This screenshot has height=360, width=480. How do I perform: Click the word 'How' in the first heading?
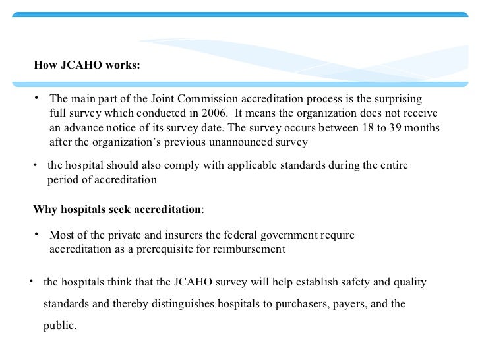pyautogui.click(x=45, y=65)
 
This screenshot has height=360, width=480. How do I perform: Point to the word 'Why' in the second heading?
pyautogui.click(x=45, y=210)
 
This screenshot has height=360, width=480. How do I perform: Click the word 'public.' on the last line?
pyautogui.click(x=60, y=325)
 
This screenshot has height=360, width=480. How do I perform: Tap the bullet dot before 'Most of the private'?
pyautogui.click(x=38, y=234)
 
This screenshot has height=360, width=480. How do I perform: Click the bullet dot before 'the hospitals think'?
pyautogui.click(x=32, y=282)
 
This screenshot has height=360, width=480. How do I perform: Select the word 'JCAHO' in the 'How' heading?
pyautogui.click(x=83, y=65)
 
